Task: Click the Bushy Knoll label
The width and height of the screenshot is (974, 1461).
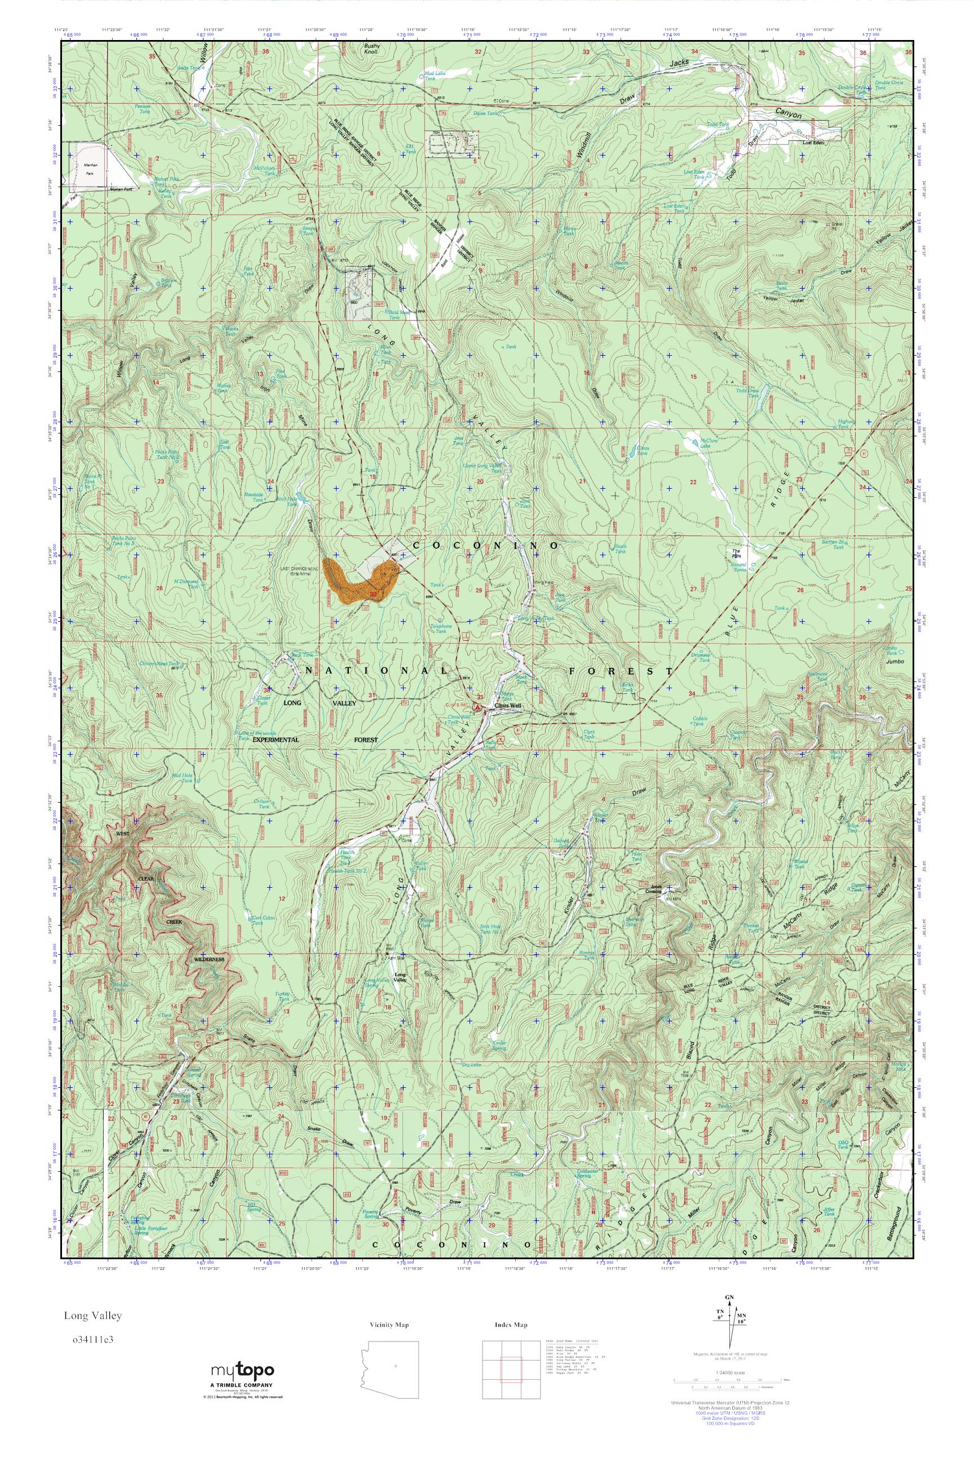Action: (371, 49)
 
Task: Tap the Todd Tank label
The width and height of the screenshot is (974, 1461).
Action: (717, 124)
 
